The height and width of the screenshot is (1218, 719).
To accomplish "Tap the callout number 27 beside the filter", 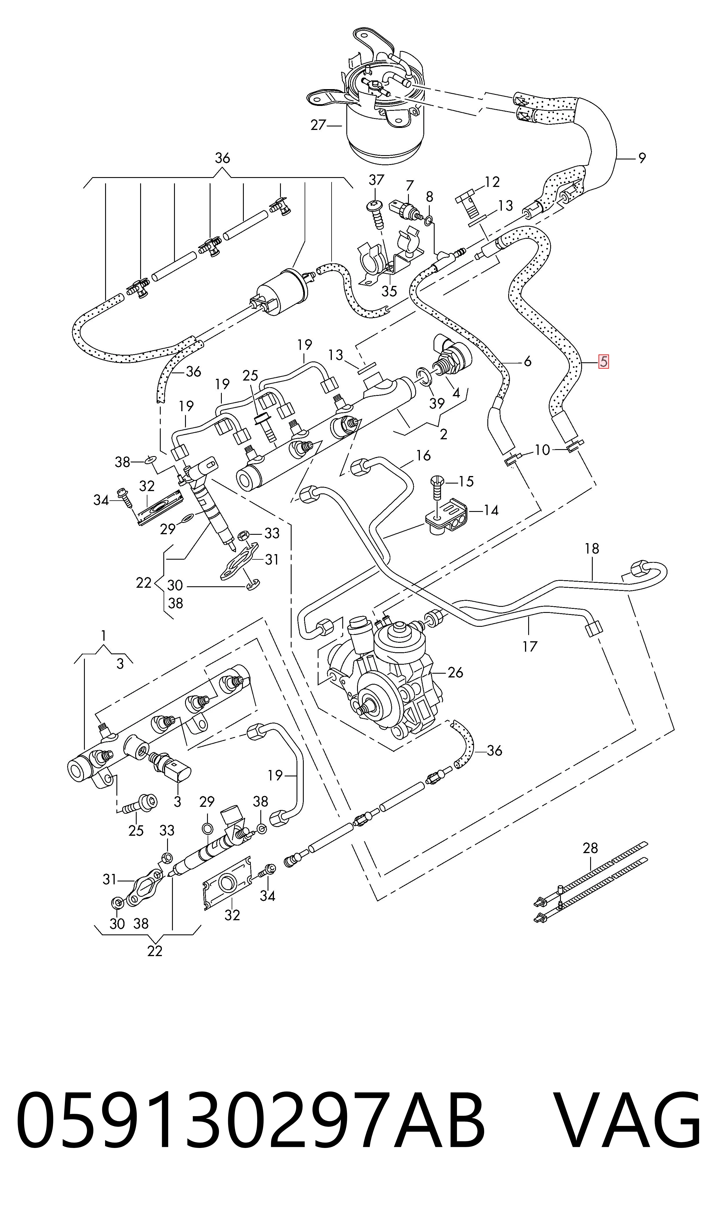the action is (x=318, y=125).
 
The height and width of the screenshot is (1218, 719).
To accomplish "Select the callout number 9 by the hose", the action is (x=642, y=158).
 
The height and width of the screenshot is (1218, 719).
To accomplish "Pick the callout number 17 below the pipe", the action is (x=530, y=646).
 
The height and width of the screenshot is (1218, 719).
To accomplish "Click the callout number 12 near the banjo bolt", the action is (x=492, y=182).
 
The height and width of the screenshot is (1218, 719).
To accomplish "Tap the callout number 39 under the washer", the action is (x=437, y=403).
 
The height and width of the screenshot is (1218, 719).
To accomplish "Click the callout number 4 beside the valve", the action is (x=456, y=393).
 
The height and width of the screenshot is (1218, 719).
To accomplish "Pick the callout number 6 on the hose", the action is (x=528, y=361).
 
